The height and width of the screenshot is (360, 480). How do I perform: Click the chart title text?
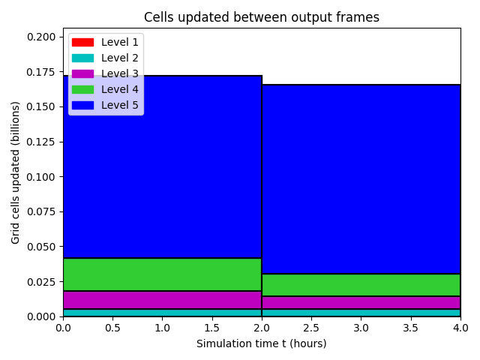click(x=262, y=17)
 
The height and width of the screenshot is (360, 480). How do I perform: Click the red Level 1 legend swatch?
click(x=82, y=42)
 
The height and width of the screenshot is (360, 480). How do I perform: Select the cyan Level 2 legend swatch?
click(x=82, y=58)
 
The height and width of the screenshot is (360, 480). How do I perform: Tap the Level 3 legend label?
click(x=120, y=73)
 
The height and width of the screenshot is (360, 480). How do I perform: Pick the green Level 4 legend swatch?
click(x=82, y=90)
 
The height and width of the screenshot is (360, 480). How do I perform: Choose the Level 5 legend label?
click(x=120, y=105)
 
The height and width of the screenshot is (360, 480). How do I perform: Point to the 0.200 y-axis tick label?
click(x=41, y=37)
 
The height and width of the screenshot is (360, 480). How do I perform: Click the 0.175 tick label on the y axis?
click(x=41, y=72)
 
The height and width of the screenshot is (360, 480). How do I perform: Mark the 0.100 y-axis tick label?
click(x=41, y=177)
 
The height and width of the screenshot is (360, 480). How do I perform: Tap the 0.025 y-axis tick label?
click(x=41, y=282)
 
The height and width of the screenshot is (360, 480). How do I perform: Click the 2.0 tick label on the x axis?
click(x=262, y=328)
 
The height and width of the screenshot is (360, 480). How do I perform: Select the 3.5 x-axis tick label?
click(x=410, y=328)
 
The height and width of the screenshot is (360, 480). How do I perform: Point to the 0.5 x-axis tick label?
click(x=112, y=328)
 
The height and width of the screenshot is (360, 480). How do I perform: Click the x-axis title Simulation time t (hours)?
click(x=262, y=343)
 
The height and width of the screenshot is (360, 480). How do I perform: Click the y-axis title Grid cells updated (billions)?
click(x=15, y=172)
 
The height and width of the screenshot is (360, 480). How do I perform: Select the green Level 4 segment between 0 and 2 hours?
click(x=162, y=274)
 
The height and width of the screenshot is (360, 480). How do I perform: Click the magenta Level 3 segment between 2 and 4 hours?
click(x=361, y=303)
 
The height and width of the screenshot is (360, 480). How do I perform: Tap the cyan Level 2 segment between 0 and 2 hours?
click(x=162, y=313)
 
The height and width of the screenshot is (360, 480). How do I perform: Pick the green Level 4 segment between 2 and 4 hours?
click(x=361, y=285)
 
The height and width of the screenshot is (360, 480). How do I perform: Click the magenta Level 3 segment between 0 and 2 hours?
click(x=162, y=300)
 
